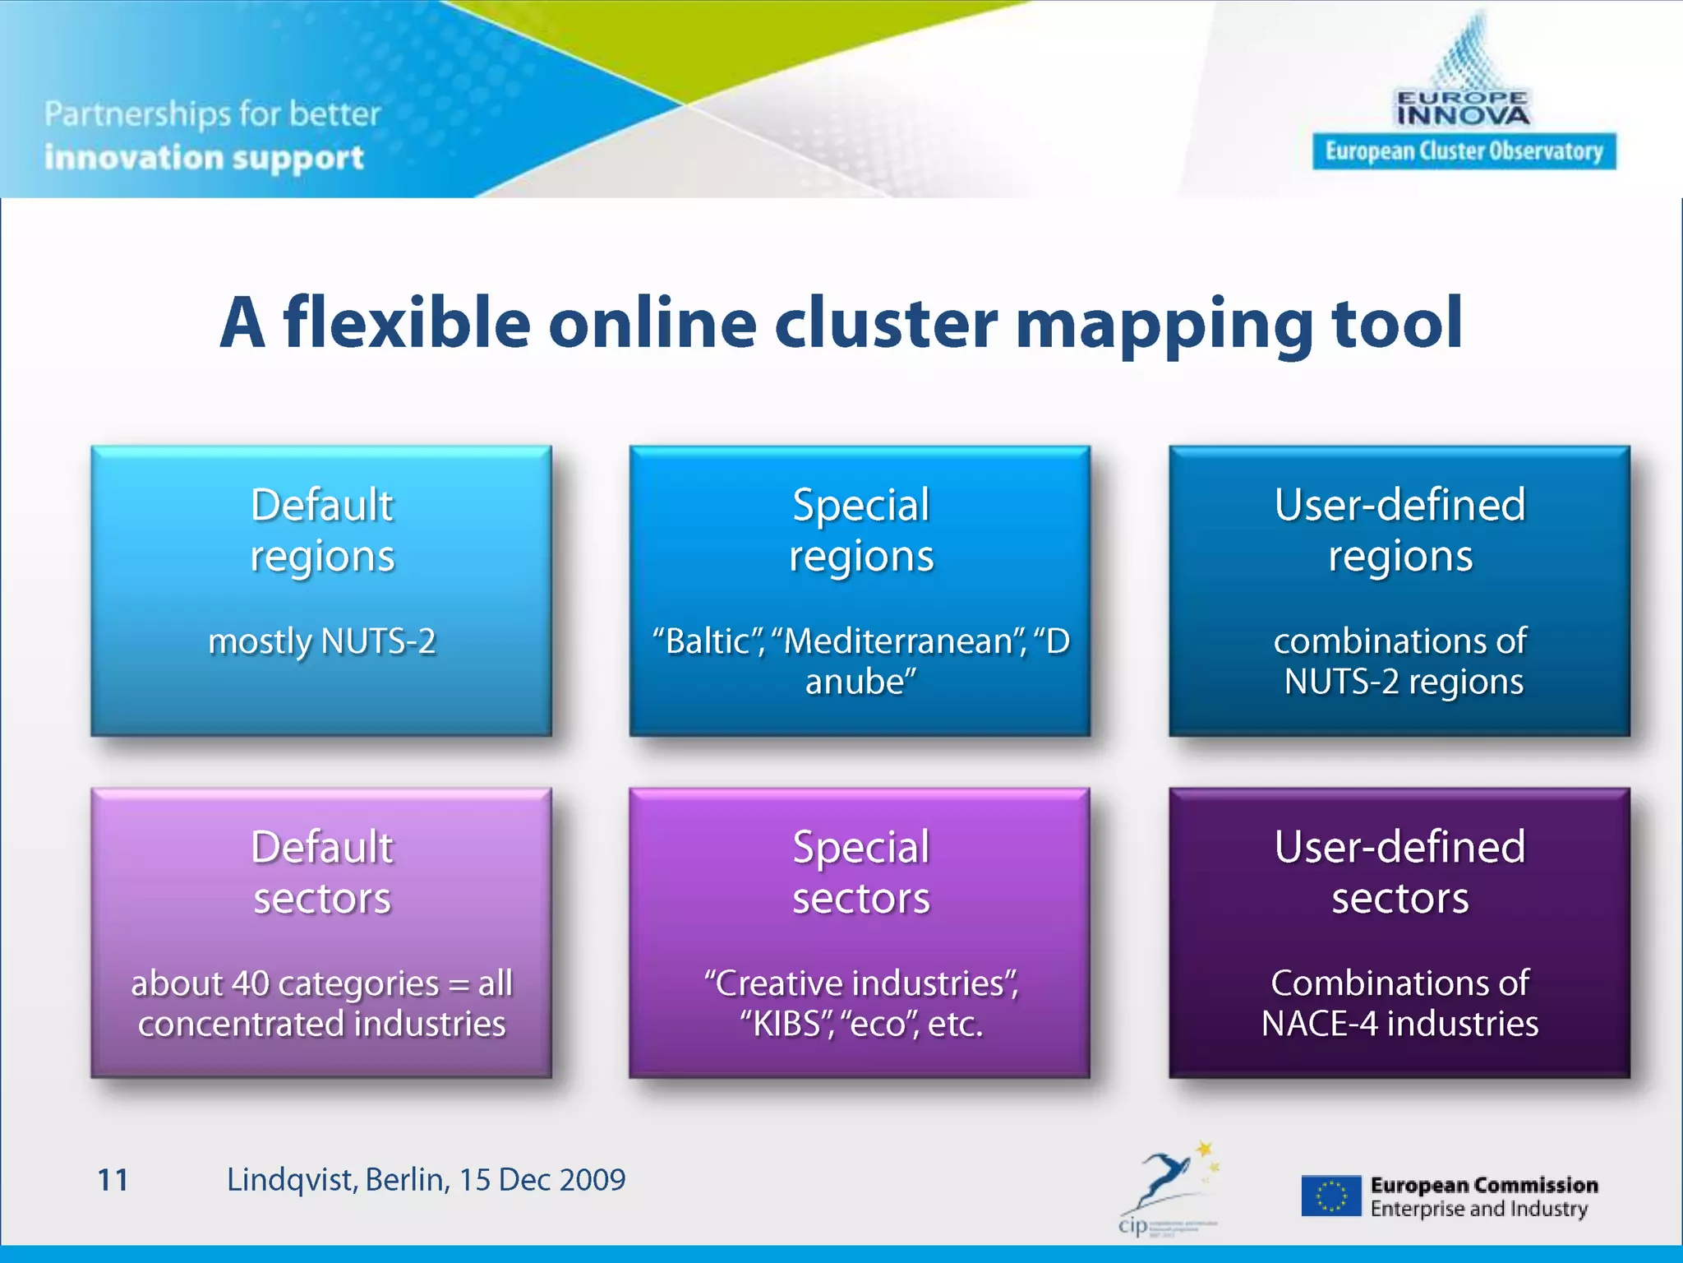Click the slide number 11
point(113,1180)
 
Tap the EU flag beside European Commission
point(1330,1196)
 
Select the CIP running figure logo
point(1168,1184)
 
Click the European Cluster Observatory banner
point(1464,151)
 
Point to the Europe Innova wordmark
point(1464,109)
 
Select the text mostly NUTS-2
point(321,641)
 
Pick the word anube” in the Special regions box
point(860,682)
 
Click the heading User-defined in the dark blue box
point(1399,504)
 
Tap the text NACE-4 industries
point(1399,1024)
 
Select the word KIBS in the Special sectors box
point(786,1025)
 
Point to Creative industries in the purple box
point(860,983)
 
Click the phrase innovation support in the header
point(204,157)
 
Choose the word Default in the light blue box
point(321,504)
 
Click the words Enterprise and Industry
point(1478,1209)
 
